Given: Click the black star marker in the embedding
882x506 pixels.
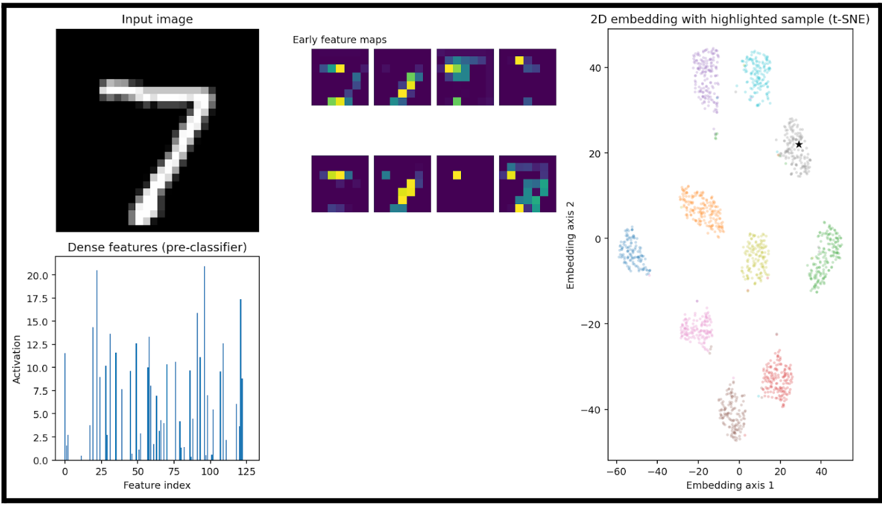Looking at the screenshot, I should [798, 145].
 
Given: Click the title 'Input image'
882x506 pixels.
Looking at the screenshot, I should [157, 19].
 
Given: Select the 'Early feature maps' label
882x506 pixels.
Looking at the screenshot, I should [339, 39].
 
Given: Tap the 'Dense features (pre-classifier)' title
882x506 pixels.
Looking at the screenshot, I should [157, 248].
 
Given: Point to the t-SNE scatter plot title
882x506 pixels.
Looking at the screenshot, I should [729, 19].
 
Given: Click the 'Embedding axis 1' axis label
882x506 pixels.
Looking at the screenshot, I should [729, 485].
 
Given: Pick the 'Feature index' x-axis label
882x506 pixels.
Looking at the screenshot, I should [157, 485].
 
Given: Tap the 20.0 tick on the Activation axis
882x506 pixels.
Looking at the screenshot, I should [39, 275].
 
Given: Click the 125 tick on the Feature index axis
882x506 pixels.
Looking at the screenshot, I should [247, 471].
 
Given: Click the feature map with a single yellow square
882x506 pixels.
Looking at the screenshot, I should [465, 184].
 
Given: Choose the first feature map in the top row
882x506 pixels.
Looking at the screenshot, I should [340, 77].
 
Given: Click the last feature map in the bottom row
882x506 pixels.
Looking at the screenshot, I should [527, 184].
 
